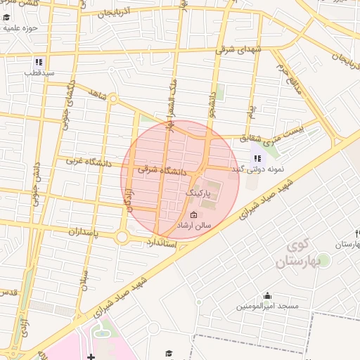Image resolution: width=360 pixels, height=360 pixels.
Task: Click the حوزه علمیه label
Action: point(19,28)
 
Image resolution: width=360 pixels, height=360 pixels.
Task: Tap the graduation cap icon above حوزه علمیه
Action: point(7,15)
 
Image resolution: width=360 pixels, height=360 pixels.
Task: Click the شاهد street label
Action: point(97,94)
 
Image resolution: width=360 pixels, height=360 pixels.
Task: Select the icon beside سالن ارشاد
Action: point(194,215)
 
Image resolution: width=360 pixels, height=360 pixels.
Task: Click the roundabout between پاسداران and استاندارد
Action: point(123,238)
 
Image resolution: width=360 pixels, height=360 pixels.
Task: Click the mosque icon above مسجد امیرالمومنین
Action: point(267,296)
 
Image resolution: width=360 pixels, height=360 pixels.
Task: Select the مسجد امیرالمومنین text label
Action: point(267,307)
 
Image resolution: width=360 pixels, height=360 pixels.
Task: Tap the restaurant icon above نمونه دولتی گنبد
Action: point(257,158)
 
